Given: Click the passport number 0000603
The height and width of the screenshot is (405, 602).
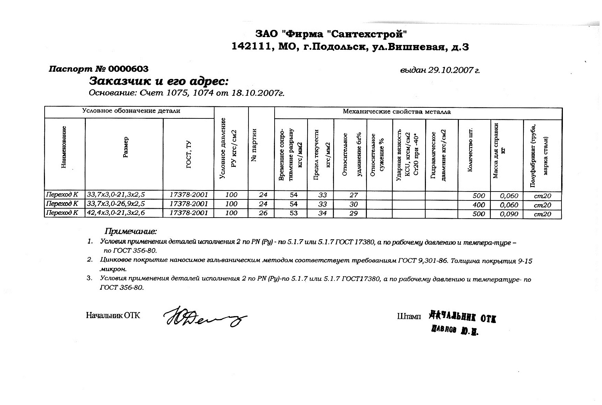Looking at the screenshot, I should (128, 69).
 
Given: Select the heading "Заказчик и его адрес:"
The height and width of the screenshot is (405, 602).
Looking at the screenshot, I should (159, 81).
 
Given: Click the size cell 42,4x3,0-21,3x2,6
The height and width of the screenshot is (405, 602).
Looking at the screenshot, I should (116, 213).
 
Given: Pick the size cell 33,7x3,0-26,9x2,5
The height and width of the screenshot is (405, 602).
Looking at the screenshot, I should (116, 204).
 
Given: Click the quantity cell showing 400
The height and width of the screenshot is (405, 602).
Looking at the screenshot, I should (479, 205).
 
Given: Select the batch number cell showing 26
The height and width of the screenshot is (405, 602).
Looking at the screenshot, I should (263, 213).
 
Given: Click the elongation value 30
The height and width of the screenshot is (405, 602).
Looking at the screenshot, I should (353, 204).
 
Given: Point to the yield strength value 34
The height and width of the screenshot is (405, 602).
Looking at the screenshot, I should (322, 213).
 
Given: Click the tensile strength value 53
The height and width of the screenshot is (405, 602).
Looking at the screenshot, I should (293, 213).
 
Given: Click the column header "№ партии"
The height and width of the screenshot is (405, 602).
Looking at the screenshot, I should (254, 145).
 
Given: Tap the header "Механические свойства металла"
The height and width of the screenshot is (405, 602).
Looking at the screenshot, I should (397, 112).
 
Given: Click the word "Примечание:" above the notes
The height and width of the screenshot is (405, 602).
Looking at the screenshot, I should (131, 231).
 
